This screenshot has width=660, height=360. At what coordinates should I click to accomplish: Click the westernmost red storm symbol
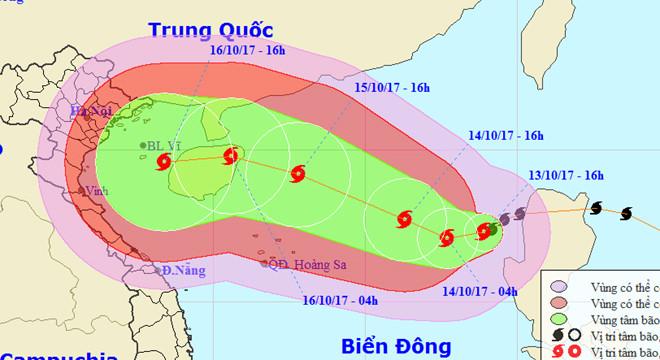(166, 171)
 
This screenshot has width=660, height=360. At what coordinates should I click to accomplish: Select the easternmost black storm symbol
(626, 213)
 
